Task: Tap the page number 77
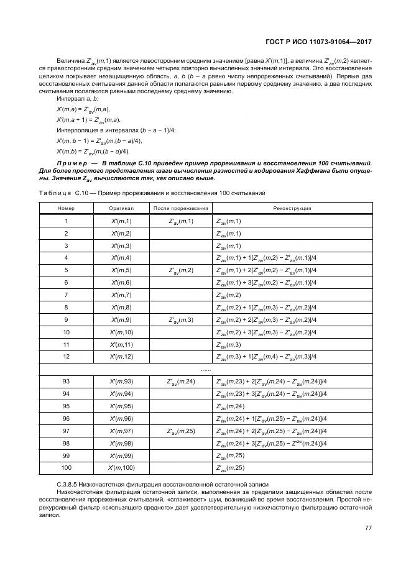[x=368, y=528]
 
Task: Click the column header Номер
[x=66, y=209]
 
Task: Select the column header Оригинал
[x=121, y=209]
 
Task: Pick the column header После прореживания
[x=181, y=209]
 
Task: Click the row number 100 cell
[x=66, y=467]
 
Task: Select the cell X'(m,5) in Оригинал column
[x=121, y=270]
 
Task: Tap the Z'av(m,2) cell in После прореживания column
[x=181, y=270]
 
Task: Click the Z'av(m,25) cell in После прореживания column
[x=181, y=431]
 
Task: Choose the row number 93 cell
[x=66, y=382]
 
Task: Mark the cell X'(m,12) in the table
[x=121, y=356]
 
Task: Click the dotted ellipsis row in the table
[x=205, y=368]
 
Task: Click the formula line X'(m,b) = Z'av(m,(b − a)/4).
[x=93, y=151]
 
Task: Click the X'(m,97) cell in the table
[x=121, y=431]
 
